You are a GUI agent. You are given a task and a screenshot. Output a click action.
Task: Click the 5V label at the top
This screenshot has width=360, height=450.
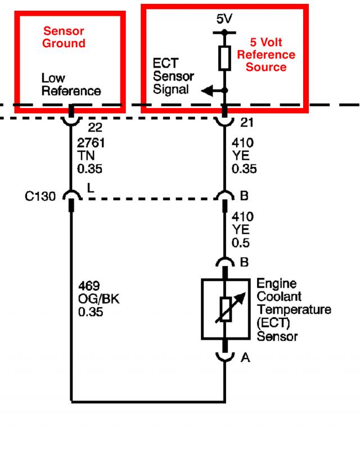tap(224, 19)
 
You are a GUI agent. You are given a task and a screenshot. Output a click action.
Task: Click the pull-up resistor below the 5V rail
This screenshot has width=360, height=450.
tap(224, 58)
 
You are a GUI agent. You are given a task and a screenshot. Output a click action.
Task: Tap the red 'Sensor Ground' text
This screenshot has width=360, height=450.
tap(64, 37)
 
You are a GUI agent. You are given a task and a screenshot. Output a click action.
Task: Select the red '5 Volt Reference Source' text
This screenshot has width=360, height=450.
tap(266, 55)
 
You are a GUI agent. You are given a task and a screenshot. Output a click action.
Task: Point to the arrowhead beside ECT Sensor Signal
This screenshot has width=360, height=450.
tap(206, 91)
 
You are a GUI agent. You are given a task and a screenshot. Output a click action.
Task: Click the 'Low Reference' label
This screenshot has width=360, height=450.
tap(71, 84)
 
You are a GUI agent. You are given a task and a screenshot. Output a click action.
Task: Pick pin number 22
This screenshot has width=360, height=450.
tap(95, 127)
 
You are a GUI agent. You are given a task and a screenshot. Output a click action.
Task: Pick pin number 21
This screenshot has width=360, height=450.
tap(247, 123)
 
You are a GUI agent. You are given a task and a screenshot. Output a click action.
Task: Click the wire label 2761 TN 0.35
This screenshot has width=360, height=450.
tap(91, 156)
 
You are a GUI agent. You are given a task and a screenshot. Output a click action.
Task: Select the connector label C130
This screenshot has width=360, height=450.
tap(40, 196)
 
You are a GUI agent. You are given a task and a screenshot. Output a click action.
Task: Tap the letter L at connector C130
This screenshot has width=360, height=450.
tap(91, 188)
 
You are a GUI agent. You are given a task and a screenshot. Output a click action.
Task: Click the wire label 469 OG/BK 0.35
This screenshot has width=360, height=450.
tap(99, 299)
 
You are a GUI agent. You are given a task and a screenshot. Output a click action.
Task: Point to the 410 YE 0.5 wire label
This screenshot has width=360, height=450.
tap(242, 229)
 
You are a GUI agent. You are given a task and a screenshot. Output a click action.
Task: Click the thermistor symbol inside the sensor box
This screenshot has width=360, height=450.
tap(226, 309)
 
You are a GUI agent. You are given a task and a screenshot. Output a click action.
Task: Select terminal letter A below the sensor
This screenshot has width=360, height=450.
tap(245, 358)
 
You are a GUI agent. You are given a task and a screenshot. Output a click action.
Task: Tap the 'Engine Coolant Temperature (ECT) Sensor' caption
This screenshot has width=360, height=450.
tap(294, 310)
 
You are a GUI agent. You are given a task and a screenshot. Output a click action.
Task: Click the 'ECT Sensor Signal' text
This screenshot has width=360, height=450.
tap(173, 76)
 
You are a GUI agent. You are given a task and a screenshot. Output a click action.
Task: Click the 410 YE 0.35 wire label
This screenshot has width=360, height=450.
tap(244, 156)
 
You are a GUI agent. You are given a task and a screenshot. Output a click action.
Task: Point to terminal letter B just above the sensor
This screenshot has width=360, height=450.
tap(244, 262)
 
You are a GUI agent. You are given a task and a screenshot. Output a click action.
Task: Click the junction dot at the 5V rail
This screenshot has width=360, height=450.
tap(224, 32)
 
